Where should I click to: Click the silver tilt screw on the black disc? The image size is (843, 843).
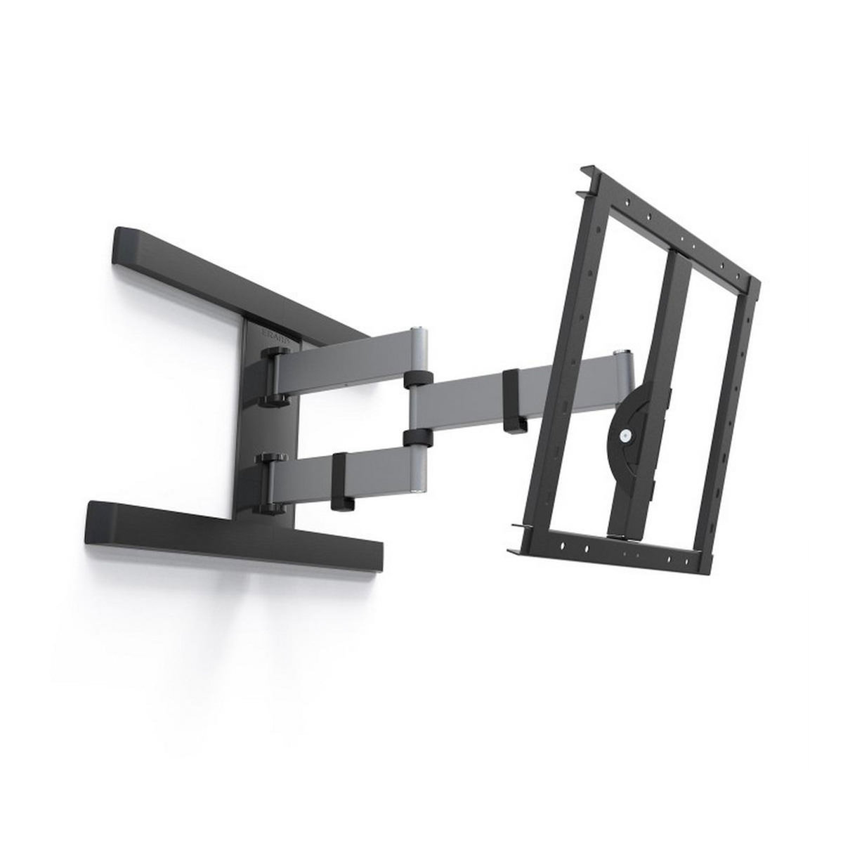click(623, 436)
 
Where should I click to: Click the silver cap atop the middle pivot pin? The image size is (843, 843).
click(420, 329)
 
